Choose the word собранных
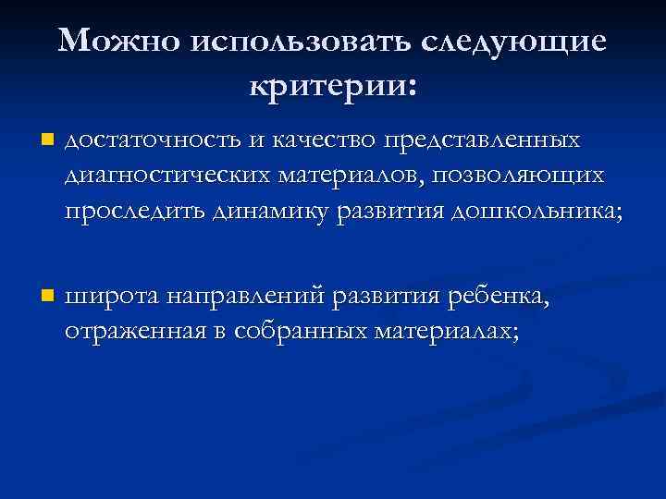(x=295, y=332)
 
